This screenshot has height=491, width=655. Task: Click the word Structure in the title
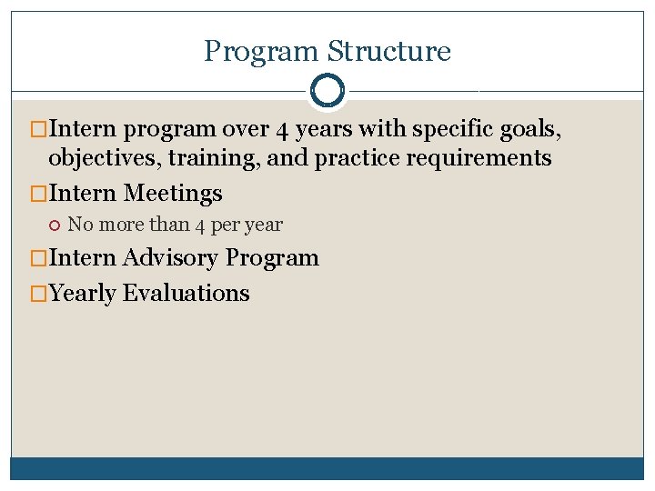click(x=388, y=51)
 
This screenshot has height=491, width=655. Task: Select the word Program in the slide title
click(x=261, y=51)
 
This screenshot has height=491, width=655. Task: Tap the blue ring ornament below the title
click(x=327, y=91)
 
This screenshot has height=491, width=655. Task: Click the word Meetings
click(x=173, y=194)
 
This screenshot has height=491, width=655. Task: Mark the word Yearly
click(x=83, y=294)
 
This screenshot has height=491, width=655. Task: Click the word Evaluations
click(x=186, y=294)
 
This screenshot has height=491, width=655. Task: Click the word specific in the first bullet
click(x=445, y=130)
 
